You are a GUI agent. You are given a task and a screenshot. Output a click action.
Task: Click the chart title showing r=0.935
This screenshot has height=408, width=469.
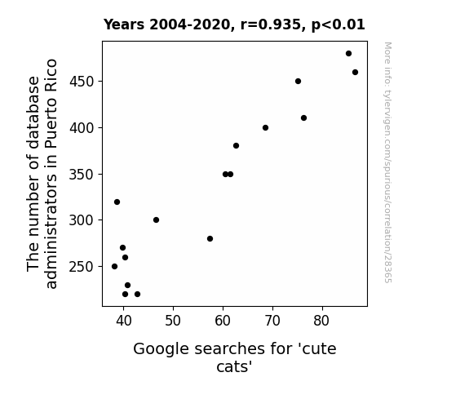pyautogui.click(x=234, y=24)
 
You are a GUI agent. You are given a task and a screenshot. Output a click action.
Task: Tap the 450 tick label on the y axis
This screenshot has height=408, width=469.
pyautogui.click(x=82, y=82)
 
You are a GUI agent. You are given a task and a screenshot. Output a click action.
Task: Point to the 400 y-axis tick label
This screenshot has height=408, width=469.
pyautogui.click(x=82, y=128)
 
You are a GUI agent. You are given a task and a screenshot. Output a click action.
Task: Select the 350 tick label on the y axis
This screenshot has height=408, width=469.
pyautogui.click(x=82, y=174)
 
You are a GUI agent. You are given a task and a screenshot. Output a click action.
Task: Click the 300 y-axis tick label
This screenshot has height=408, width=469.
pyautogui.click(x=82, y=220)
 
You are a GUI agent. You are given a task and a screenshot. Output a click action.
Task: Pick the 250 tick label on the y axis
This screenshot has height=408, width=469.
pyautogui.click(x=82, y=266)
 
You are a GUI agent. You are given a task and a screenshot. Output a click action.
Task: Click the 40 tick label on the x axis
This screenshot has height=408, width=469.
pyautogui.click(x=124, y=321)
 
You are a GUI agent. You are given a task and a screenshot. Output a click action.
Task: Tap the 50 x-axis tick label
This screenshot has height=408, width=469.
pyautogui.click(x=173, y=321)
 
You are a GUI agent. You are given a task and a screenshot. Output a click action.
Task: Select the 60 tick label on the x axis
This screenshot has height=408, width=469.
pyautogui.click(x=223, y=321)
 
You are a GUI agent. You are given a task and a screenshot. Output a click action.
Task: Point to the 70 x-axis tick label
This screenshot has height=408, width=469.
pyautogui.click(x=272, y=321)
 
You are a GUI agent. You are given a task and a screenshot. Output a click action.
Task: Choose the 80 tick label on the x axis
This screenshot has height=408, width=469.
pyautogui.click(x=322, y=321)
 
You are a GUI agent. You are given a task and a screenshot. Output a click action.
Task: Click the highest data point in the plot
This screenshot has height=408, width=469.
pyautogui.click(x=348, y=54)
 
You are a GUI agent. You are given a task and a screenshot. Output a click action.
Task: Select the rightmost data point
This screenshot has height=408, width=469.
pyautogui.click(x=355, y=72)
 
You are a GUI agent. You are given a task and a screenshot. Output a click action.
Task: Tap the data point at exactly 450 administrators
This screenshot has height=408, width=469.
pyautogui.click(x=298, y=81)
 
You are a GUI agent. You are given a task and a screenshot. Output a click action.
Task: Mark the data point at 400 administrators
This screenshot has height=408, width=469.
pyautogui.click(x=265, y=128)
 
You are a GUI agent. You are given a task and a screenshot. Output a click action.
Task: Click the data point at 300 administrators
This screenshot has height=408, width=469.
pyautogui.click(x=156, y=220)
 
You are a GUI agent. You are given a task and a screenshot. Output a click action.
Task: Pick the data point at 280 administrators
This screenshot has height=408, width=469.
pyautogui.click(x=210, y=238)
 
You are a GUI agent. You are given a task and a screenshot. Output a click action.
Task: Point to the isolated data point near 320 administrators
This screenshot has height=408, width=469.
pyautogui.click(x=117, y=202)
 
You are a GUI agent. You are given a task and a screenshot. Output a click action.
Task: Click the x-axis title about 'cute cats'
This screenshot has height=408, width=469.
pyautogui.click(x=235, y=357)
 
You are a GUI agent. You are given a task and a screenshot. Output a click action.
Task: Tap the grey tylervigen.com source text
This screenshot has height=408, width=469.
pyautogui.click(x=387, y=162)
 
